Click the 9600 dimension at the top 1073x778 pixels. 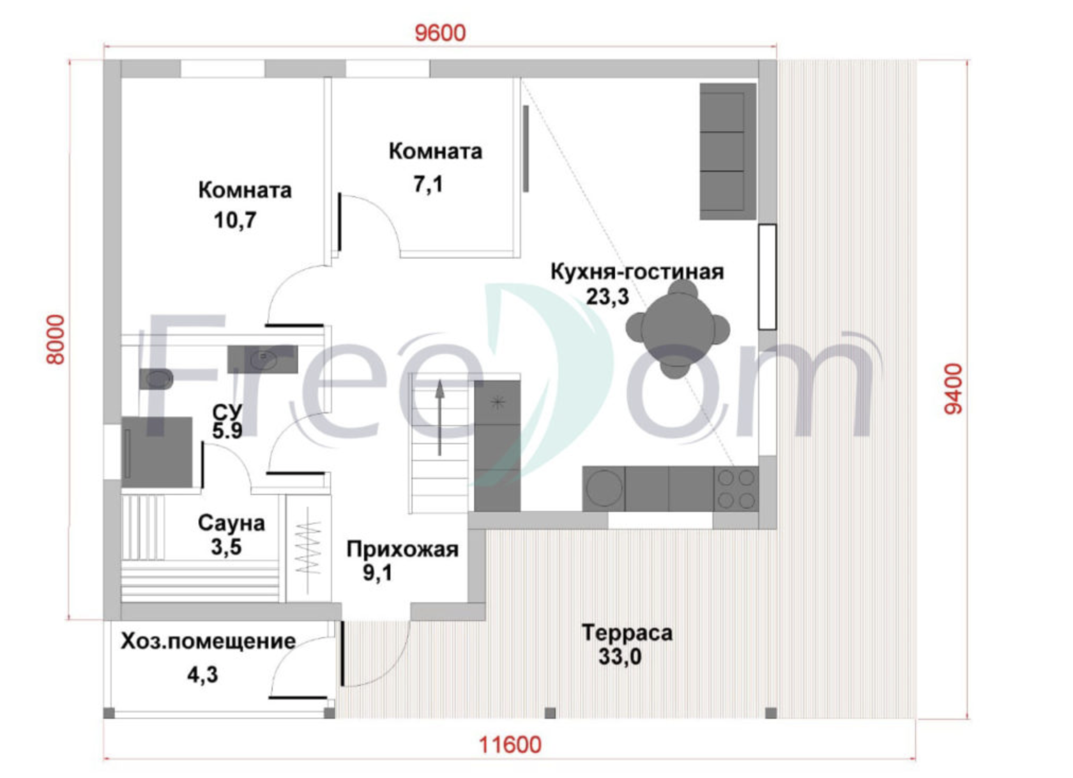click(x=440, y=33)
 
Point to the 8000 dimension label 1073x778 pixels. click(x=56, y=340)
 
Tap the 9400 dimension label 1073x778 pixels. click(x=953, y=389)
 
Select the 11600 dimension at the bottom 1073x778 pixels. click(x=510, y=745)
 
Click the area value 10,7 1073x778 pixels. click(x=235, y=221)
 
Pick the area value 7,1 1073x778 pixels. click(x=429, y=184)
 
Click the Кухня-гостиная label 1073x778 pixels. click(x=637, y=271)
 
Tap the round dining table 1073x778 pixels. click(x=678, y=329)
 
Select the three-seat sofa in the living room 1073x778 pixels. click(x=728, y=152)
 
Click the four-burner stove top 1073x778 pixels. click(x=736, y=489)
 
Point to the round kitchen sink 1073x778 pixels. click(x=604, y=488)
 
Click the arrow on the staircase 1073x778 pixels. click(x=439, y=417)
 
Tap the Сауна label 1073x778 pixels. click(x=231, y=523)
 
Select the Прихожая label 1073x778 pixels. click(x=402, y=549)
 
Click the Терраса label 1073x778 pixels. click(x=627, y=633)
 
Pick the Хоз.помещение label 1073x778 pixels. click(x=208, y=641)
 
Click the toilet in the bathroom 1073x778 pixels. click(x=156, y=379)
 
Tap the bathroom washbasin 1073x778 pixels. click(x=263, y=359)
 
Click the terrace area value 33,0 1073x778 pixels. click(x=620, y=657)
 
